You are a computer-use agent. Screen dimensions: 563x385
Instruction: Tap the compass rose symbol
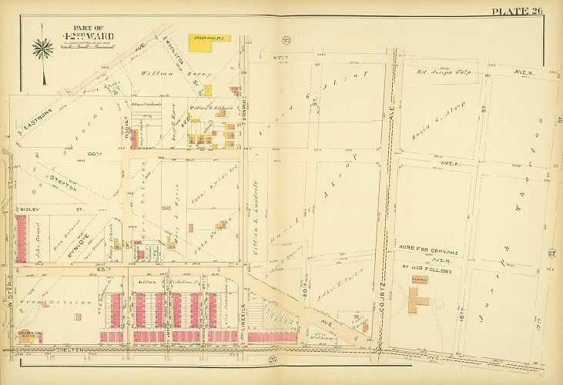tap(42, 47)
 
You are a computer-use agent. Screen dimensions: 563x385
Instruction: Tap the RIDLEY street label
tap(30, 206)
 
